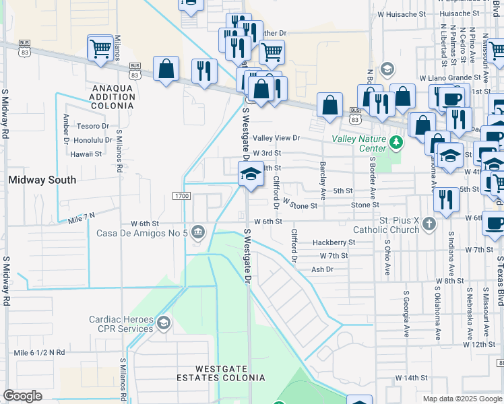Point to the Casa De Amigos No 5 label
(x=140, y=234)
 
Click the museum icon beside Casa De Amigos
(x=198, y=233)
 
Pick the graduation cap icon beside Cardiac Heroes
(x=162, y=325)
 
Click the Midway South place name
(x=42, y=180)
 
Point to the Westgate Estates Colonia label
(x=230, y=373)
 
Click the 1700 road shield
(x=181, y=196)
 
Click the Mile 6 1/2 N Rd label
(x=40, y=352)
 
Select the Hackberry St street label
(x=334, y=242)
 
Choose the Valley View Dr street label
(x=276, y=138)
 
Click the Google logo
(x=22, y=396)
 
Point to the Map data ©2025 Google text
(x=462, y=399)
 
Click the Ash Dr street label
(x=322, y=269)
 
